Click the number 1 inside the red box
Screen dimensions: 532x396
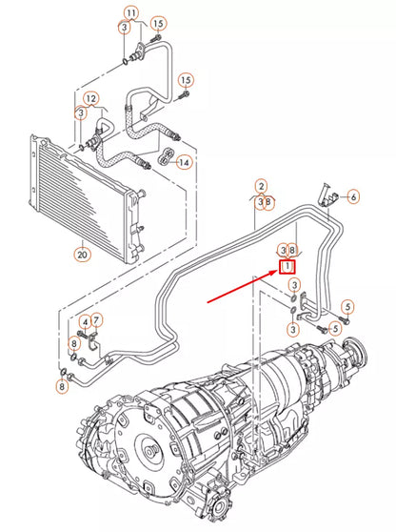287,268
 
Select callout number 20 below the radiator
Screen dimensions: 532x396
81,256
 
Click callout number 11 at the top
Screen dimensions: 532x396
130,11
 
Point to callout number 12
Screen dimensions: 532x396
90,98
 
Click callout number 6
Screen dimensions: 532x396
353,197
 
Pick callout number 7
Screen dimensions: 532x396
97,319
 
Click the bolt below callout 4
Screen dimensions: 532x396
85,335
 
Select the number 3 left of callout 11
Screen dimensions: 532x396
124,29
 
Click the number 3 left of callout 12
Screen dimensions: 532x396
82,113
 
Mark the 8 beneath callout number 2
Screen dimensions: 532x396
269,201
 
